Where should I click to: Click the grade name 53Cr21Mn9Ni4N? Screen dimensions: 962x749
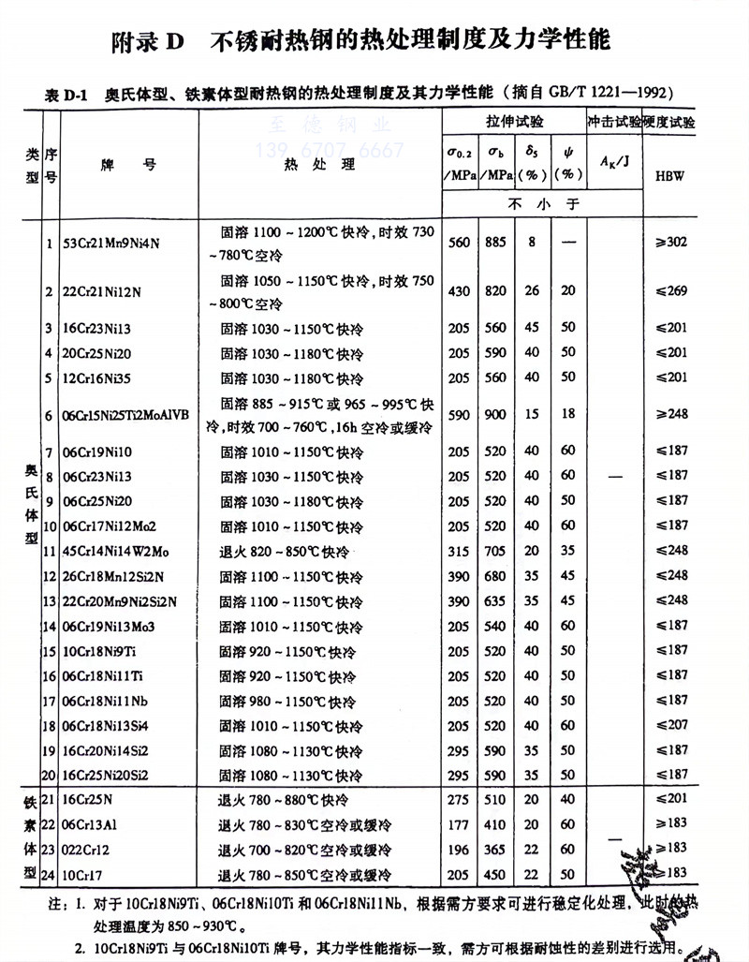[110, 243]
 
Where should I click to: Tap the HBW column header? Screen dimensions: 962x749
[670, 175]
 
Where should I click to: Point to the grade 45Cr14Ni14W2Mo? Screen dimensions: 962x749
[113, 550]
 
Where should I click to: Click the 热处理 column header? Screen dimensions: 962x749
[318, 165]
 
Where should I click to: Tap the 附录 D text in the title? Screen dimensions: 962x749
[150, 42]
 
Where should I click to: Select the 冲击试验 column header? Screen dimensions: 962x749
[614, 123]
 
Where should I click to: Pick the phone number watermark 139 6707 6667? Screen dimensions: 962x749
[330, 151]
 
